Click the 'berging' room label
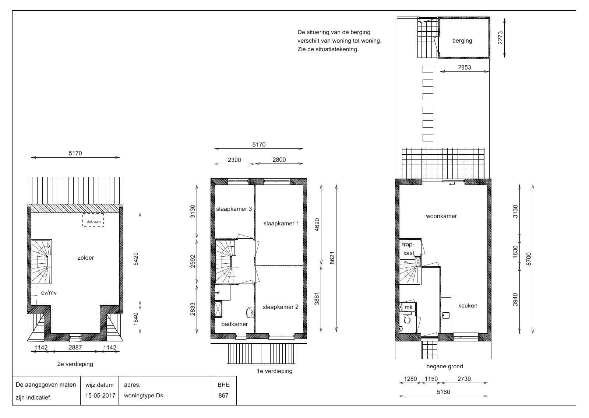[462, 41]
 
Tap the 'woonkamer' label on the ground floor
[441, 216]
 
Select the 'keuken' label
[468, 305]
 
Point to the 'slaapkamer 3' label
[234, 209]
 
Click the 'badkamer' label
[234, 324]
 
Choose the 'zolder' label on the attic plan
[85, 258]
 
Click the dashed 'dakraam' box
[94, 220]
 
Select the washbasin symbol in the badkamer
[250, 313]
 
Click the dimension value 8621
[332, 258]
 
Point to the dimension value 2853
[464, 67]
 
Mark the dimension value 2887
[75, 348]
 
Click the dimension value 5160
[443, 392]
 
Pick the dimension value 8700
[529, 259]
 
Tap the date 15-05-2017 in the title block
[100, 396]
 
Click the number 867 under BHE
[223, 396]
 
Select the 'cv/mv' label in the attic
[49, 293]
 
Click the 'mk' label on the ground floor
[408, 307]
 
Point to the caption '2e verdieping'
[75, 364]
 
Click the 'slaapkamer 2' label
[281, 307]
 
